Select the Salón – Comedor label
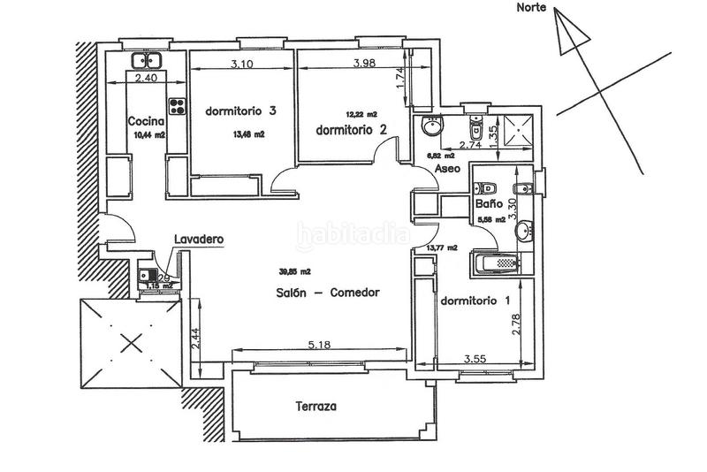tap(326, 293)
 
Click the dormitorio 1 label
tap(475, 300)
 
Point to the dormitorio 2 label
tap(352, 129)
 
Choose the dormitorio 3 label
tap(241, 110)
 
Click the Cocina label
tap(144, 121)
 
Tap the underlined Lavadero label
tap(197, 239)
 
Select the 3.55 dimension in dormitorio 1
tap(478, 359)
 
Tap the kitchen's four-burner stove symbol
tap(177, 106)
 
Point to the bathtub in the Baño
tap(497, 263)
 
